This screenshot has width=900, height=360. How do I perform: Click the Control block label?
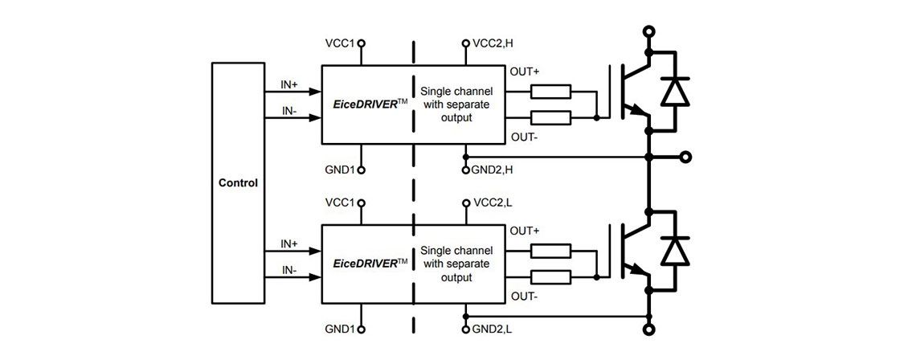tap(238, 182)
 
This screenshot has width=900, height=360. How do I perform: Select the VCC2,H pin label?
tap(493, 43)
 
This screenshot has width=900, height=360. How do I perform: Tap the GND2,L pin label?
tap(492, 329)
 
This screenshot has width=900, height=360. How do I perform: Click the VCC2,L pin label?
tap(493, 202)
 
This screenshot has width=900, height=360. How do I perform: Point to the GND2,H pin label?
tap(493, 170)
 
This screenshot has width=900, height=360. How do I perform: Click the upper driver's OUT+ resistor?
tap(550, 90)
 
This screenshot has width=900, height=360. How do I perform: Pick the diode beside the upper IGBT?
tap(674, 93)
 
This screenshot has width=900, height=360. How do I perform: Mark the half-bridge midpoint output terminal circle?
tap(685, 156)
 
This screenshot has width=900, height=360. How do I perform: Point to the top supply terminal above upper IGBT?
tap(648, 31)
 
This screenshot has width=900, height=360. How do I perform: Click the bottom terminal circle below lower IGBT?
tap(648, 329)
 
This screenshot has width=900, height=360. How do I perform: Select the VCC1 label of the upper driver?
tap(341, 43)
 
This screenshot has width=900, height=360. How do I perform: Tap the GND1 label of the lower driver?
tap(341, 329)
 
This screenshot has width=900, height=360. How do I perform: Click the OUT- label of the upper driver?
tap(524, 136)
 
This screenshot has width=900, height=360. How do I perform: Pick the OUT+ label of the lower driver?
tap(525, 230)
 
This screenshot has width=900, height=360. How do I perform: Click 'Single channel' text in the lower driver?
tap(457, 250)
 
